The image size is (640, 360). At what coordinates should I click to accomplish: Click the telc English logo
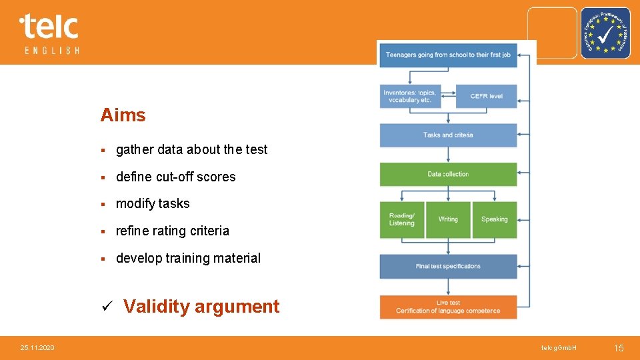[x=49, y=33]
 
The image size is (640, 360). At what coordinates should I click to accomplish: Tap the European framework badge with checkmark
[x=605, y=33]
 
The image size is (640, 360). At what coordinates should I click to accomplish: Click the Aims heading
[x=123, y=115]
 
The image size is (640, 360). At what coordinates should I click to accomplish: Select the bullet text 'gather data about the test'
[x=191, y=150]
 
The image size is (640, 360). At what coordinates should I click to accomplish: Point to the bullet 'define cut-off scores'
[x=175, y=177]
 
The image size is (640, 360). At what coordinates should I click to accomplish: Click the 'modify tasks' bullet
[x=153, y=204]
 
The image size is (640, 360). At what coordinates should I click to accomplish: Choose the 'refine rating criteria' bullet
[x=172, y=231]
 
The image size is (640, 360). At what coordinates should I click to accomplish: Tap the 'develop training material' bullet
[x=188, y=258]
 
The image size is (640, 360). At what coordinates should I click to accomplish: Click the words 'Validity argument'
[x=201, y=307]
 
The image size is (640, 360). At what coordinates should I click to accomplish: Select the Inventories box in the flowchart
[x=410, y=97]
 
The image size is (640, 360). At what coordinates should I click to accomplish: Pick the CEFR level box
[x=486, y=97]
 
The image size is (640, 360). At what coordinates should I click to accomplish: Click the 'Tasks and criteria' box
[x=448, y=135]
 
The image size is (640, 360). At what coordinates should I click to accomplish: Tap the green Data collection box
[x=448, y=175]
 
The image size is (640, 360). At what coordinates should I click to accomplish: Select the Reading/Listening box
[x=402, y=219]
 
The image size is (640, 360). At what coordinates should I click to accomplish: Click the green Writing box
[x=448, y=219]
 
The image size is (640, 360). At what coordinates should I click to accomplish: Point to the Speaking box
[x=494, y=219]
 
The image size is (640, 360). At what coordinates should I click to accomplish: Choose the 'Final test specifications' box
[x=448, y=267]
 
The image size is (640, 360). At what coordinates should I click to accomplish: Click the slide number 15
[x=618, y=348]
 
